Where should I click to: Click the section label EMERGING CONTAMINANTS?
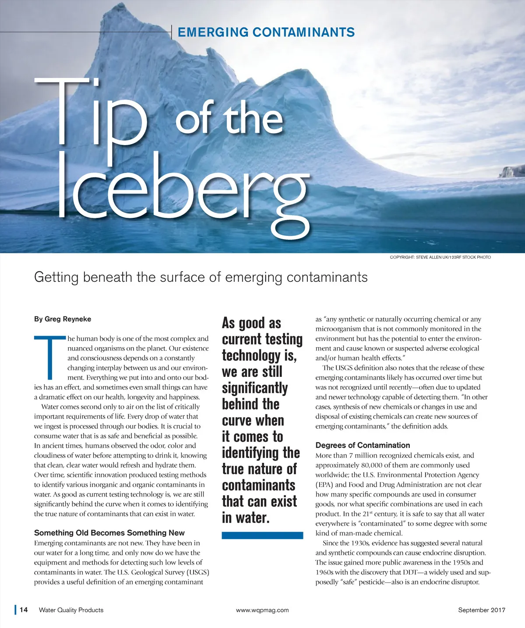coord(266,32)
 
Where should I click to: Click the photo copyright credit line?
coord(440,257)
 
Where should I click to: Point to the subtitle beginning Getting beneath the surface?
coord(201,277)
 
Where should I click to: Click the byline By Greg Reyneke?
coord(63,319)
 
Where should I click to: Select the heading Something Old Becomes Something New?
coord(109,533)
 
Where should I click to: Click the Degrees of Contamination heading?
coord(363,445)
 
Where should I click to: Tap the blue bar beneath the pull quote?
coord(262,535)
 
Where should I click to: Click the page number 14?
coord(24,610)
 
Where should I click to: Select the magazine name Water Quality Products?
coord(71,610)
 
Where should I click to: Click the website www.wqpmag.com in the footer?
coord(262,610)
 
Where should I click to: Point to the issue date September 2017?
coord(482,610)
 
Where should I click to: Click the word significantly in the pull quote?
coord(255,388)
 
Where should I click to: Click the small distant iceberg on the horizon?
coord(511,171)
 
